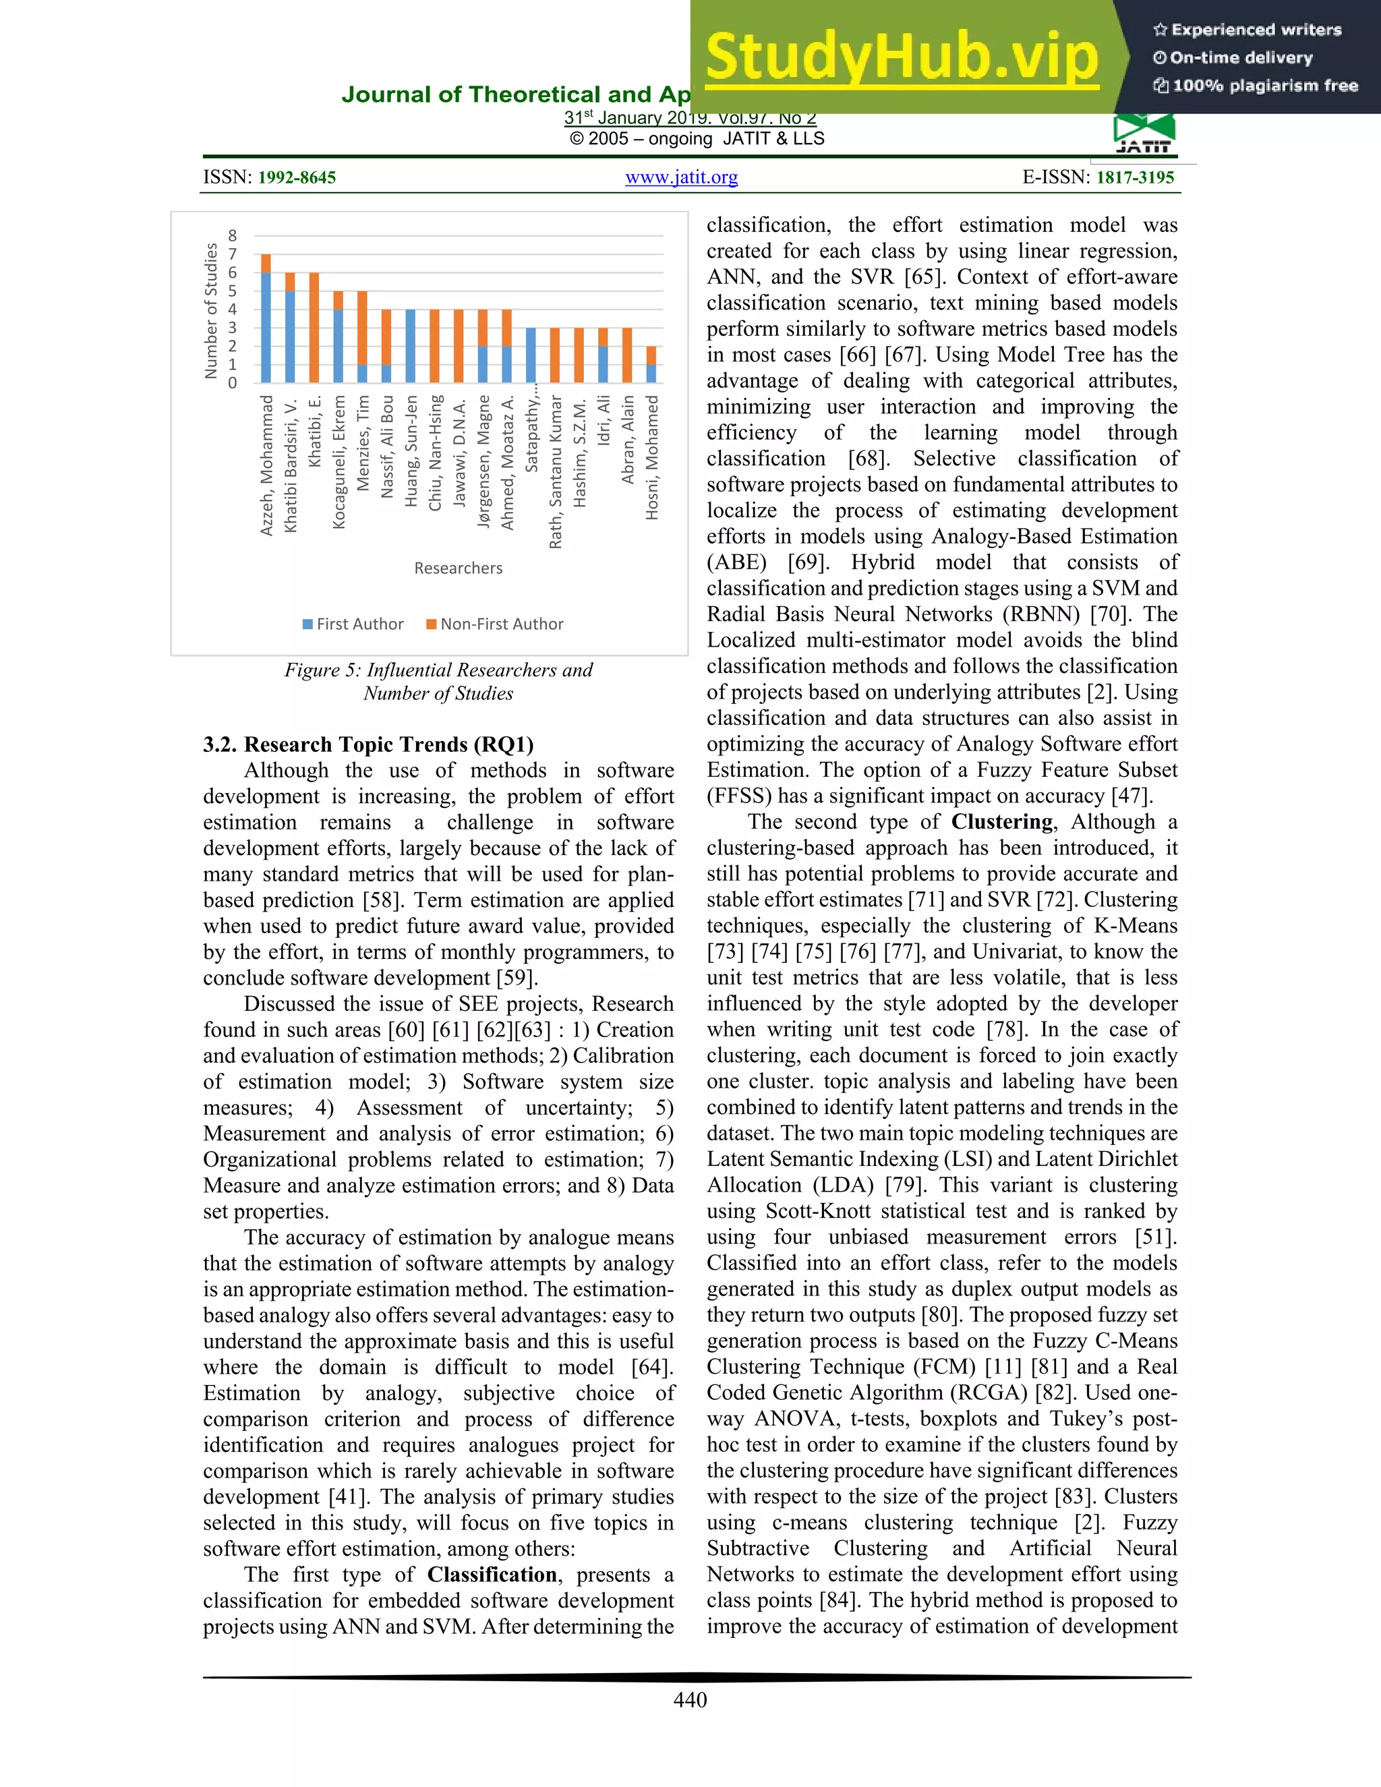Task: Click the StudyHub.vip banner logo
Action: click(901, 57)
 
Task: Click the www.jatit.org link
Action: click(682, 177)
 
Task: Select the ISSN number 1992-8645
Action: click(296, 177)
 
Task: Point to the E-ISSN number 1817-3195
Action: click(1135, 177)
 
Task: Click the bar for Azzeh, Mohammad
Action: click(266, 319)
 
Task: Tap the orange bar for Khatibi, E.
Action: click(314, 327)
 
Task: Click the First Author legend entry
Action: click(353, 624)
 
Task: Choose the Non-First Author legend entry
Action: click(495, 624)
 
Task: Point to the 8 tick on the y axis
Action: click(233, 235)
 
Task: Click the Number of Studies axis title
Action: click(211, 311)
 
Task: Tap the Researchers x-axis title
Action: click(458, 568)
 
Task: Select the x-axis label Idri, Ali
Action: click(604, 421)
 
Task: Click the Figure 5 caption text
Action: click(438, 681)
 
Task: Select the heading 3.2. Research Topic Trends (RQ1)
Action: click(368, 744)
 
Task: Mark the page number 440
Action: click(690, 1699)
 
